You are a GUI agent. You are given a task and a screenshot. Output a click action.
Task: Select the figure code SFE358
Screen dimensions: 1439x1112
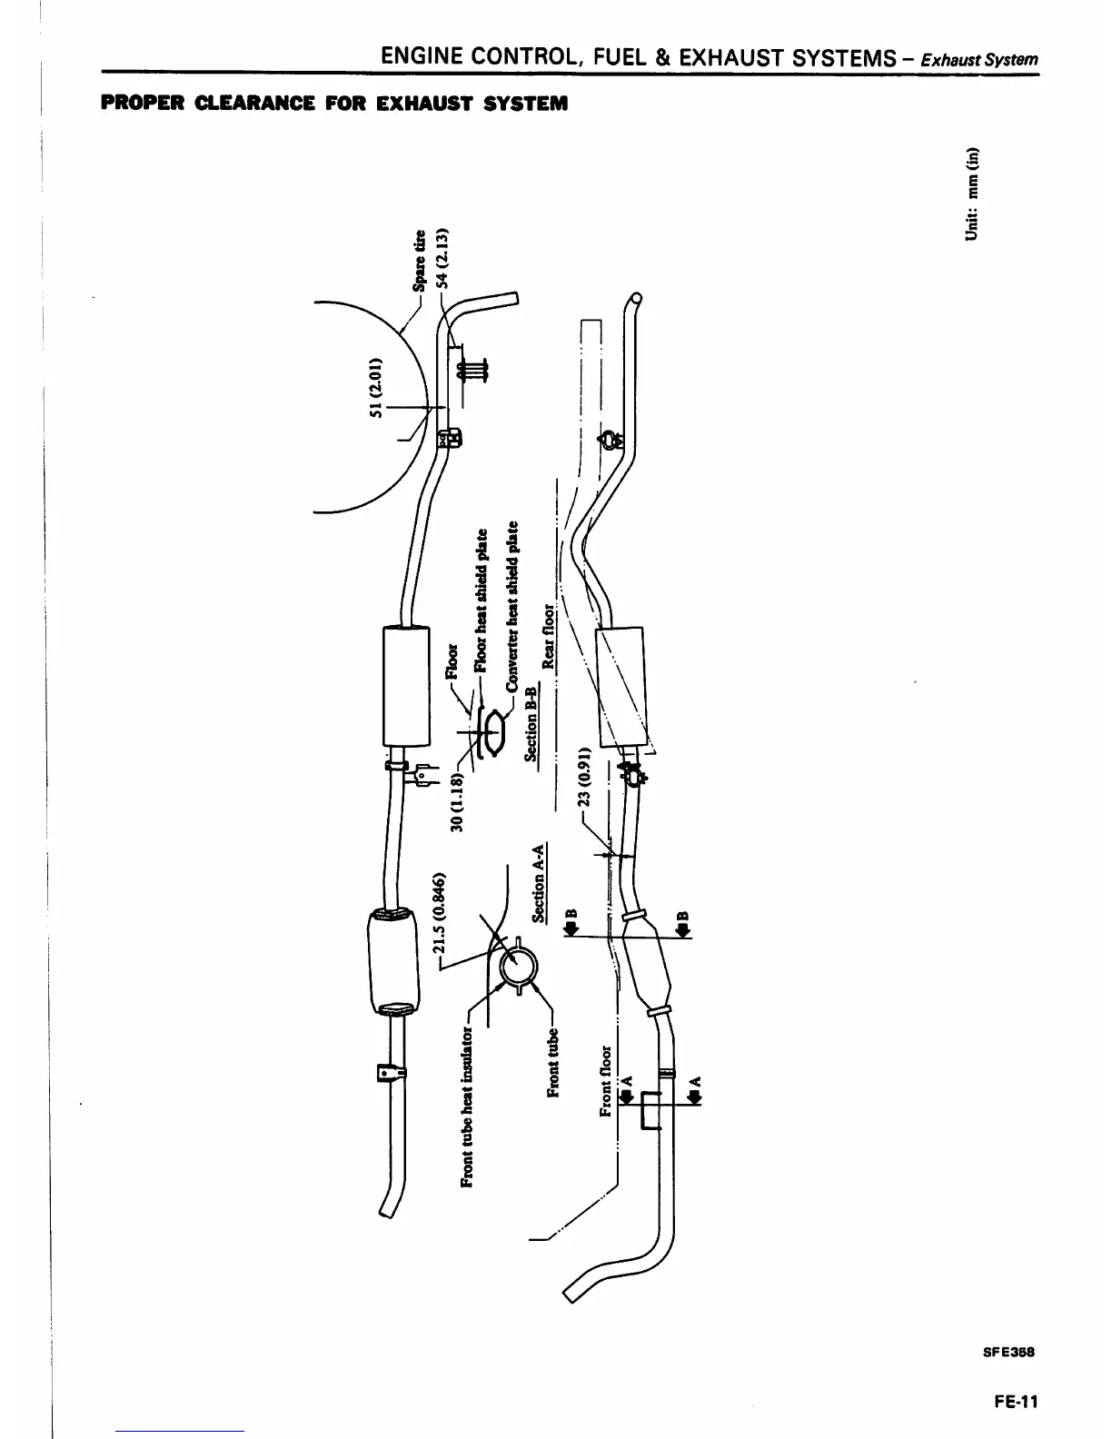1009,1351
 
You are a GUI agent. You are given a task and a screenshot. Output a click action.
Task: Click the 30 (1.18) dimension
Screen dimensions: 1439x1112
457,799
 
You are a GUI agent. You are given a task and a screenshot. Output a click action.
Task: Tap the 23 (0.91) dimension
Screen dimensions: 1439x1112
585,778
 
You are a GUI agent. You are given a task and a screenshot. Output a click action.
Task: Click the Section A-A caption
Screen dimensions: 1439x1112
539,883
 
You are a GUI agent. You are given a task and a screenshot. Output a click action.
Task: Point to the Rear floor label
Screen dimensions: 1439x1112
548,636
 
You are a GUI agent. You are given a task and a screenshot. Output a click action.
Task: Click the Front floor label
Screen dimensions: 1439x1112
607,1081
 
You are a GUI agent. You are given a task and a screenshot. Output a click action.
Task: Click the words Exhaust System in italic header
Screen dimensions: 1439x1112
978,60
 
